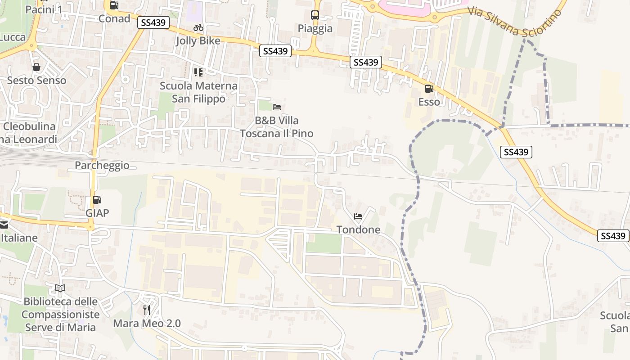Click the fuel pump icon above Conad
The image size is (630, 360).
(114, 5)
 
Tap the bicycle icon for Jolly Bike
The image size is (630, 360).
(198, 28)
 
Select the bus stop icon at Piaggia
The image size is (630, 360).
(315, 15)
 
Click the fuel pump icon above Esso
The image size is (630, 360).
(429, 89)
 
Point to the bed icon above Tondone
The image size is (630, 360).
(358, 216)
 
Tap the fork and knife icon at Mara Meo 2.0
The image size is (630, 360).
(147, 310)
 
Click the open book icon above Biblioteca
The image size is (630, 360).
(60, 288)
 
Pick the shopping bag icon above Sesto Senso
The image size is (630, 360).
(36, 67)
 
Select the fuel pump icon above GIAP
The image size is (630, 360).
(97, 199)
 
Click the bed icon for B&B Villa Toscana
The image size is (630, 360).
(277, 107)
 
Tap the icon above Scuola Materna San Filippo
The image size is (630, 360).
(198, 72)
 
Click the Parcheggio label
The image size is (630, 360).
(102, 166)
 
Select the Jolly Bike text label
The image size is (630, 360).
(198, 41)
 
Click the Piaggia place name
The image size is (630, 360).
(315, 29)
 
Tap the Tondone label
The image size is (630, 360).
(359, 229)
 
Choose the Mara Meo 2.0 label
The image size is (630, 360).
(147, 323)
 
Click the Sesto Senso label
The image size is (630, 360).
(36, 81)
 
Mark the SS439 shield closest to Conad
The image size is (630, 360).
(153, 22)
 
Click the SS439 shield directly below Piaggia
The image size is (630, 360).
(275, 51)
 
